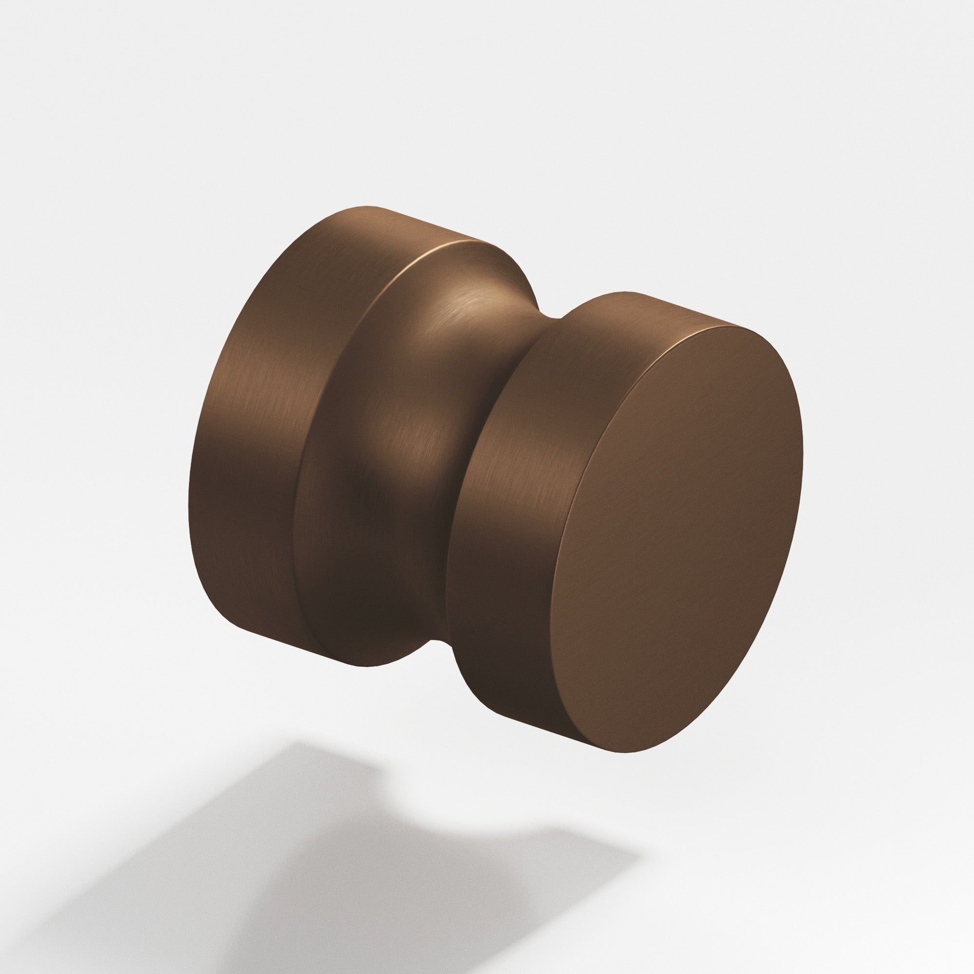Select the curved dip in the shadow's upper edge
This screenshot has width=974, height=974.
tap(454, 812)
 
